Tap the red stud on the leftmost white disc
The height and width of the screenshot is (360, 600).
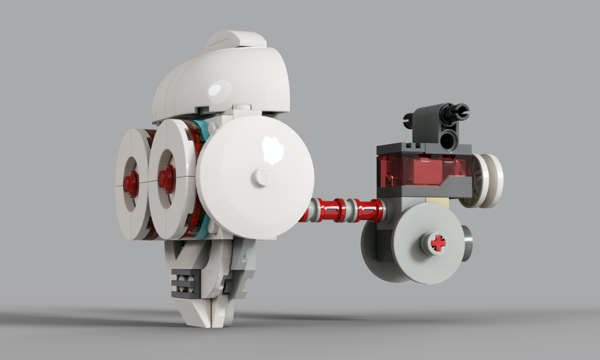(130, 184)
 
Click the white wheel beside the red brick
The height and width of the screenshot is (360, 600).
(489, 180)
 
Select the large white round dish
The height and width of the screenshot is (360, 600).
(254, 177)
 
